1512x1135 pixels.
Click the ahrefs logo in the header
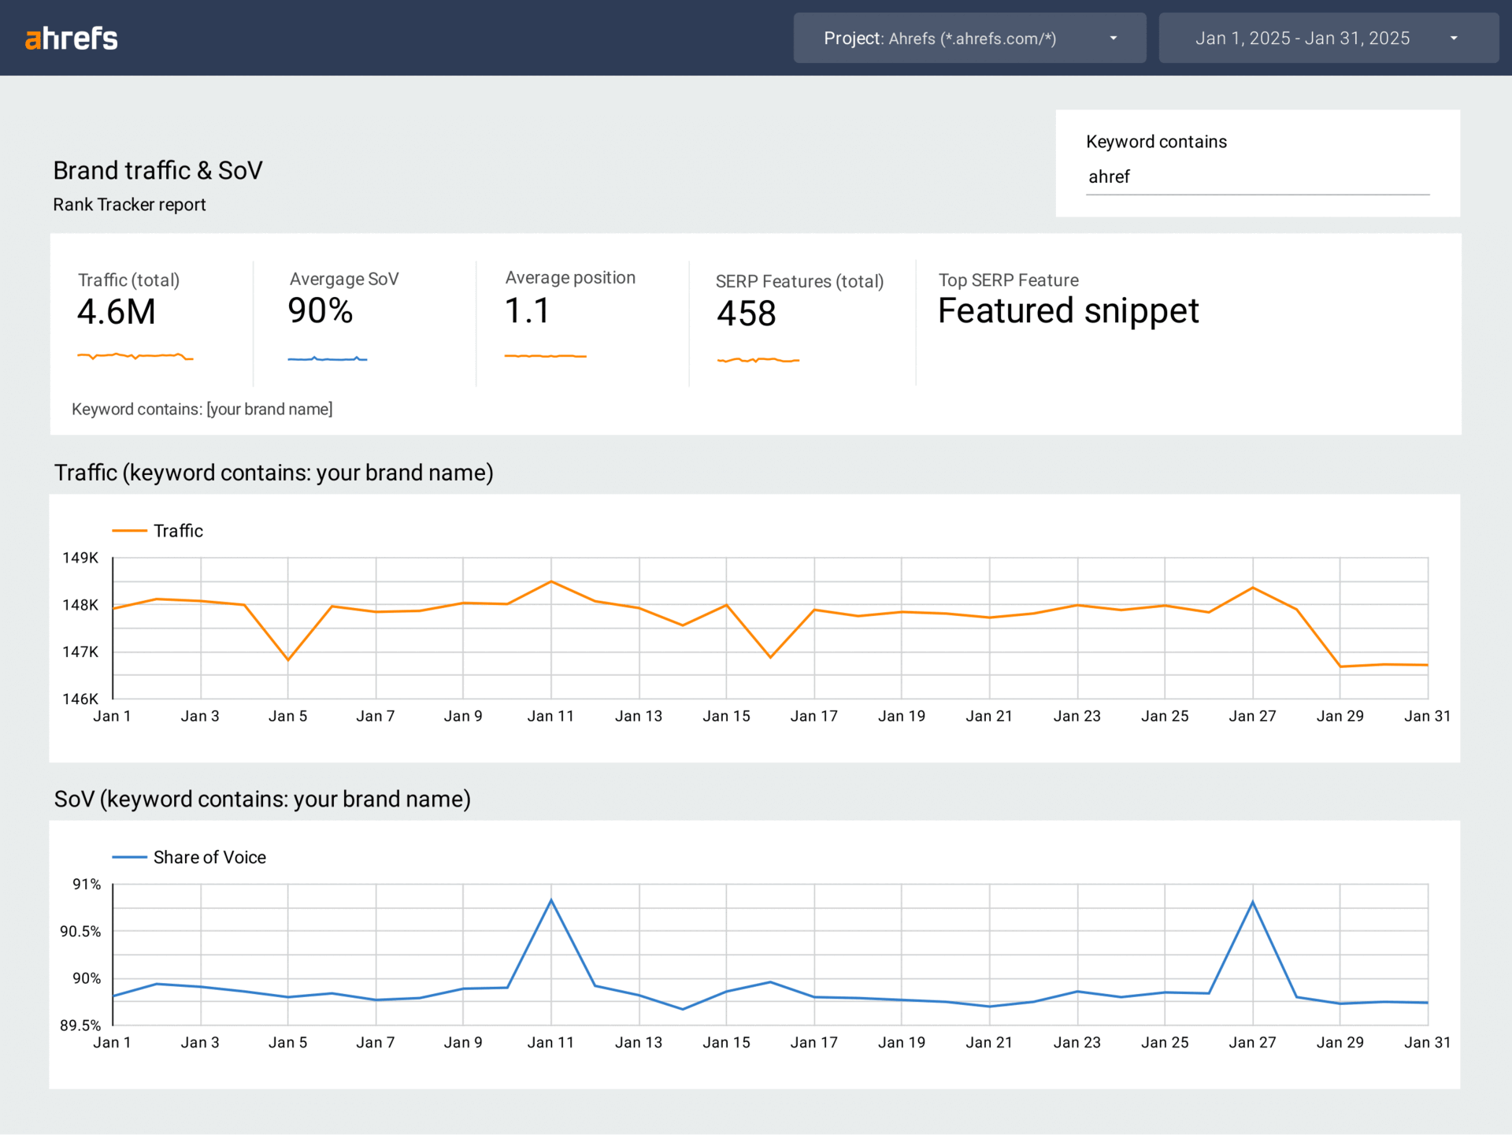coord(72,38)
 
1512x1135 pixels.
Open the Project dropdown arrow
coord(1113,39)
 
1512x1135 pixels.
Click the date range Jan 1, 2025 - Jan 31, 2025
coord(1303,39)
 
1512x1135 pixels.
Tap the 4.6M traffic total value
coord(117,312)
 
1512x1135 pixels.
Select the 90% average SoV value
coord(320,311)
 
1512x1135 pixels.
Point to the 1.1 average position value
coord(527,311)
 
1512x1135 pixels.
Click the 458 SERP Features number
coord(746,313)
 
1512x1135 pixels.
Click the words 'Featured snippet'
coord(1068,311)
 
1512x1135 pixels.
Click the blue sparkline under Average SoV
coord(327,359)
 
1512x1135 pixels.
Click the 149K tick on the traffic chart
coord(80,558)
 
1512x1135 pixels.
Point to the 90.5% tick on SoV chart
coord(80,932)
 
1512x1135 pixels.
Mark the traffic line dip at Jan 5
coord(288,660)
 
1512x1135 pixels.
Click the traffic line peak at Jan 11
coord(551,581)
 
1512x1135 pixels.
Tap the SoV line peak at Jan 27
coord(1252,902)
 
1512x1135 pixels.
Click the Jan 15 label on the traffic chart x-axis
coord(726,716)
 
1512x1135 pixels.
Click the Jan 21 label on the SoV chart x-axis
coord(989,1043)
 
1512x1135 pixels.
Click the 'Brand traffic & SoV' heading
coord(157,170)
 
